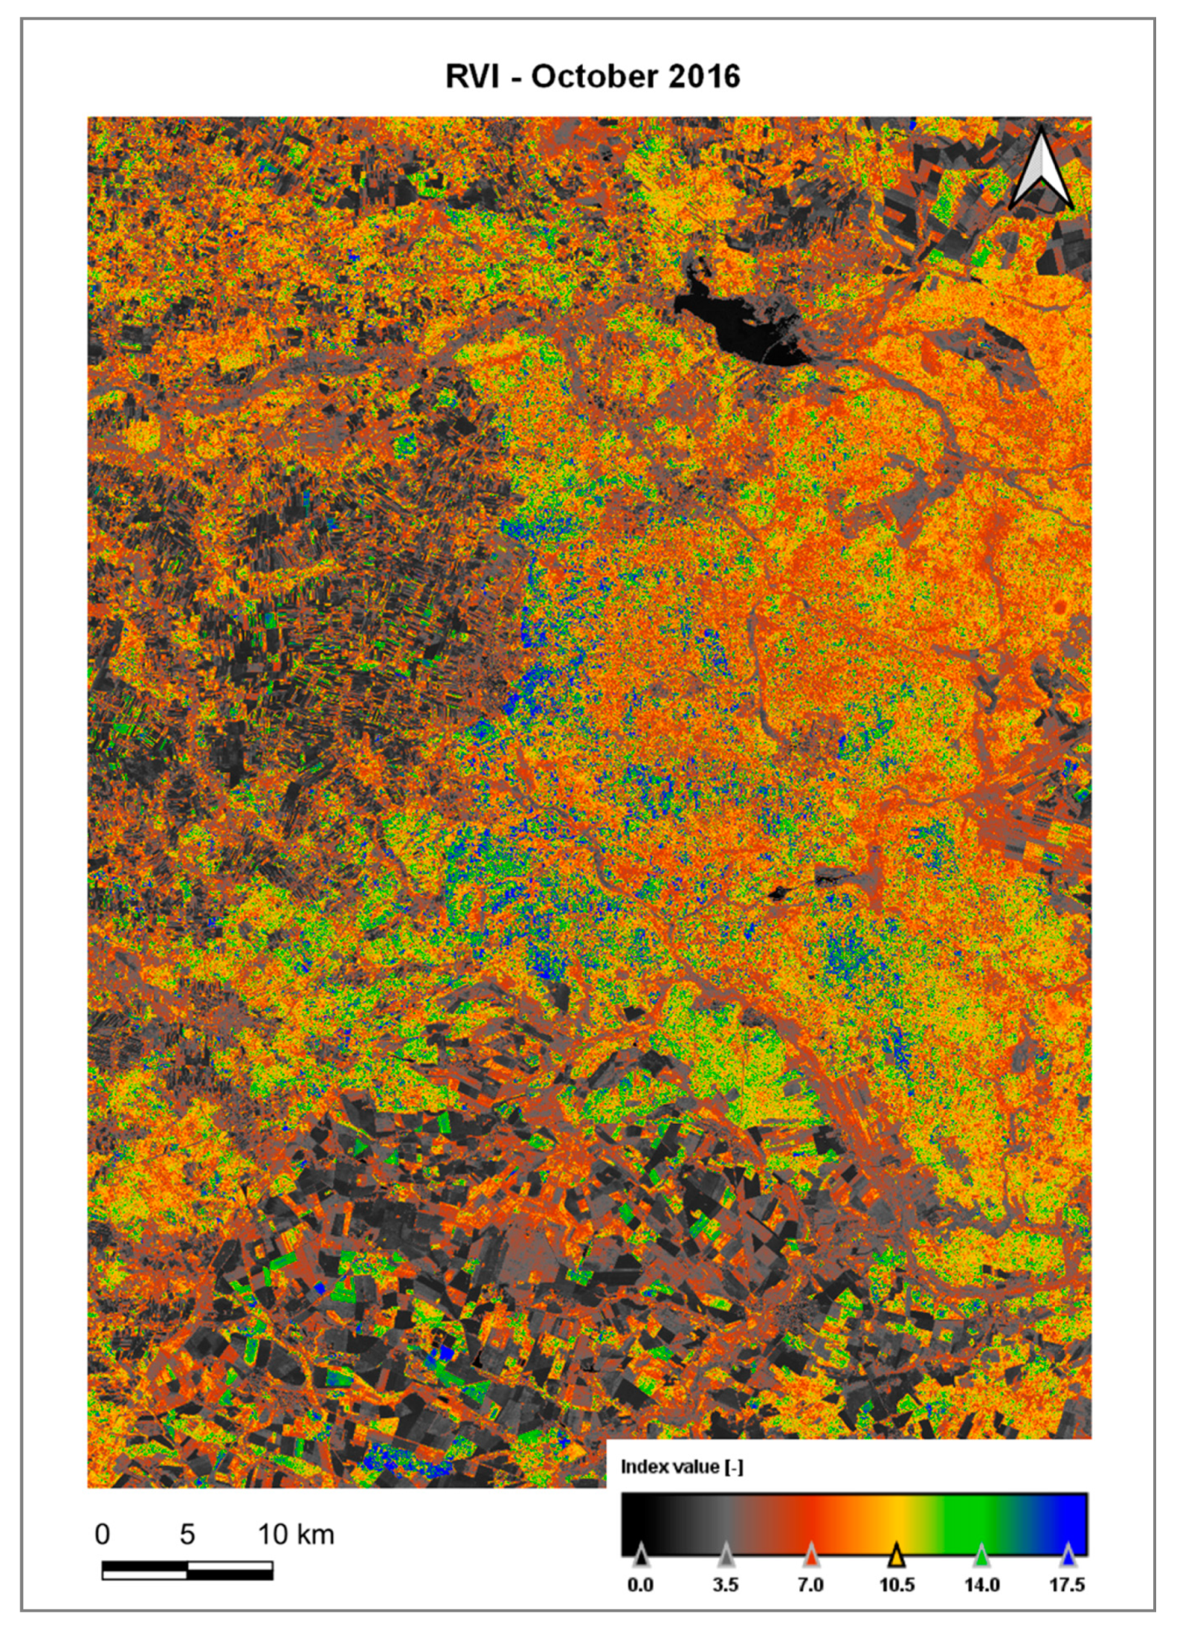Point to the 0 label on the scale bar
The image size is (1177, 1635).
coord(103,1534)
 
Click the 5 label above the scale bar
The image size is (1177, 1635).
coord(187,1534)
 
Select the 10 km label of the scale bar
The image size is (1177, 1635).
coord(296,1534)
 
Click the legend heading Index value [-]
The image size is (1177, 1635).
coord(682,1466)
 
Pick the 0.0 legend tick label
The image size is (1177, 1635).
coord(640,1585)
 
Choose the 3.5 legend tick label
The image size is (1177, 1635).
coord(726,1585)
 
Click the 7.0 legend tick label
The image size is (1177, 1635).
coord(810,1585)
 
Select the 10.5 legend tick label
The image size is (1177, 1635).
coord(897,1585)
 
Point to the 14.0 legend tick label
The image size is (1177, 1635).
coord(981,1585)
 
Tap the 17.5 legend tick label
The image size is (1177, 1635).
coord(1067,1585)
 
